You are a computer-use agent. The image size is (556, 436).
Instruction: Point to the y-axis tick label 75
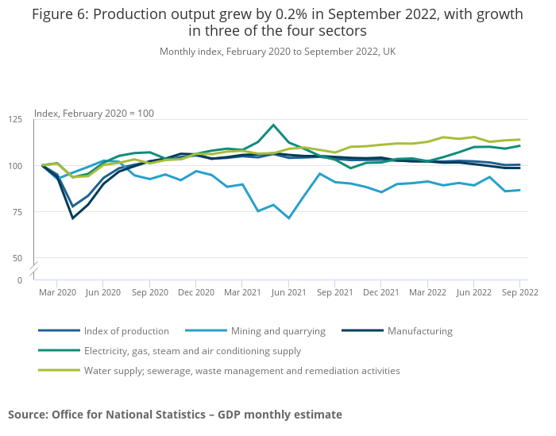point(17,212)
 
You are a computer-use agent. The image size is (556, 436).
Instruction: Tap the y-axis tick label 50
point(17,258)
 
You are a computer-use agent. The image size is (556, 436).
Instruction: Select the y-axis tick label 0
point(20,280)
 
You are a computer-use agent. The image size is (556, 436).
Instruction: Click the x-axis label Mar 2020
point(57,292)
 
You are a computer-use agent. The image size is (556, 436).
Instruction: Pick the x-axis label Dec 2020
point(196,292)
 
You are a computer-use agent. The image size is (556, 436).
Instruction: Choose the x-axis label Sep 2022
point(519,292)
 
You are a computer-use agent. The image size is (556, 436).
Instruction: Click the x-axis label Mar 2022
point(427,292)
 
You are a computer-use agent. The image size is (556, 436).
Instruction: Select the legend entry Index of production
point(126,331)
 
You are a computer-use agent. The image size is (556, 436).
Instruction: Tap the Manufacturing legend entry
point(419,331)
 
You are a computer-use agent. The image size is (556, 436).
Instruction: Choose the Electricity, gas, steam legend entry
point(193,350)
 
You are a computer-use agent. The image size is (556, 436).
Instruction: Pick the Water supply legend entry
point(242,370)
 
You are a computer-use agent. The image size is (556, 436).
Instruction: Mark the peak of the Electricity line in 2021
point(273,125)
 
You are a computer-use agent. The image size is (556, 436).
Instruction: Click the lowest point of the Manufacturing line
point(73,218)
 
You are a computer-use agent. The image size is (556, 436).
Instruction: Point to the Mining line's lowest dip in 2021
point(289,218)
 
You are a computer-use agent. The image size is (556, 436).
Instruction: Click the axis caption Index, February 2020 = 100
point(94,114)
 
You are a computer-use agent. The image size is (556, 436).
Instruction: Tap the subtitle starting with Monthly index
point(277,52)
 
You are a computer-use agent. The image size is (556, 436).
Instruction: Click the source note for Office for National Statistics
point(175,415)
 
